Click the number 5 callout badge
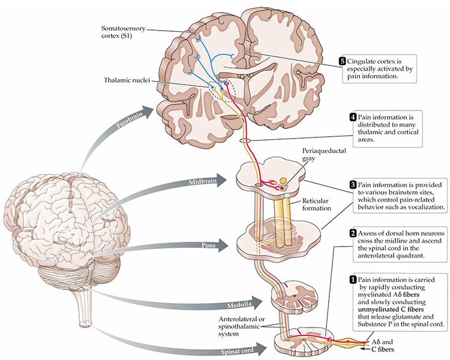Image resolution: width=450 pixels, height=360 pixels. click(x=343, y=61)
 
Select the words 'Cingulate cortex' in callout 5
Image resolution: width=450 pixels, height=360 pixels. click(x=378, y=61)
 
